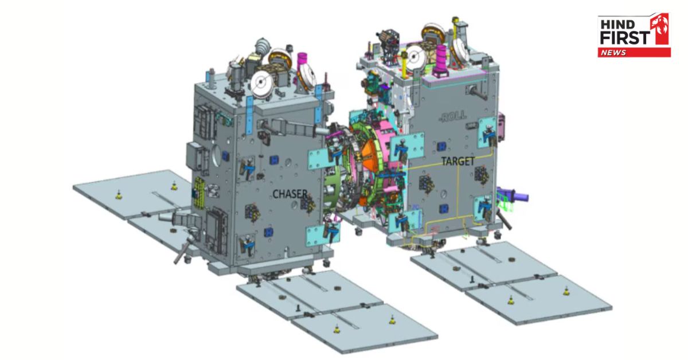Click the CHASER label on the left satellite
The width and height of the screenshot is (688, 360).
pyautogui.click(x=290, y=194)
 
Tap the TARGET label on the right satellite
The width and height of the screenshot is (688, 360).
pyautogui.click(x=458, y=161)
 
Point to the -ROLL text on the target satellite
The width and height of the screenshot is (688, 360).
pyautogui.click(x=453, y=116)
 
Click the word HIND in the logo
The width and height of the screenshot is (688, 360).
pyautogui.click(x=617, y=25)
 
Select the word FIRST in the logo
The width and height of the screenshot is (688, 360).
pyautogui.click(x=625, y=38)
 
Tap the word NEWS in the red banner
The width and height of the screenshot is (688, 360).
pyautogui.click(x=613, y=53)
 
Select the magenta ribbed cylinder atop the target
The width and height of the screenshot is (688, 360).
pyautogui.click(x=441, y=60)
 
